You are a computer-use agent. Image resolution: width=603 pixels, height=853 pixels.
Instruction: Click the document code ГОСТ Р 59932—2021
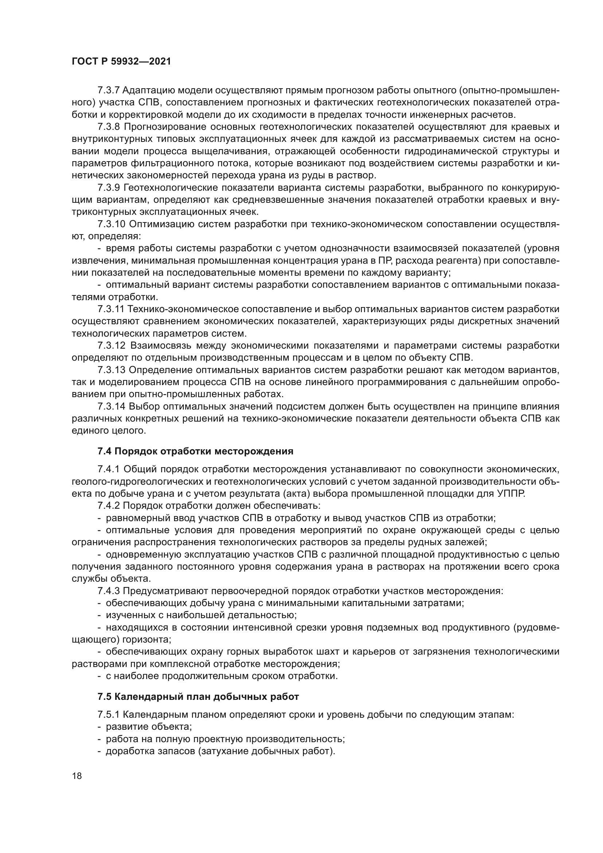[x=121, y=62]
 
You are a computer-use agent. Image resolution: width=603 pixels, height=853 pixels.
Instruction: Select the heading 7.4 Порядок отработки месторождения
[x=195, y=451]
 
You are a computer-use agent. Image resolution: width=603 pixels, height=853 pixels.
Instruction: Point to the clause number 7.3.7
[x=108, y=90]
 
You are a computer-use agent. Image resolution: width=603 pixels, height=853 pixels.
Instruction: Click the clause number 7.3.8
[x=109, y=127]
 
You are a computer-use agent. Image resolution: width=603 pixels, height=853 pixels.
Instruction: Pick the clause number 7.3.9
[x=109, y=187]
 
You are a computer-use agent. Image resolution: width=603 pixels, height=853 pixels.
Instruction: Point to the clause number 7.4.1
[x=108, y=470]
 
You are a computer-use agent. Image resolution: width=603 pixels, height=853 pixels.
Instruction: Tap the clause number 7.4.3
[x=108, y=591]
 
